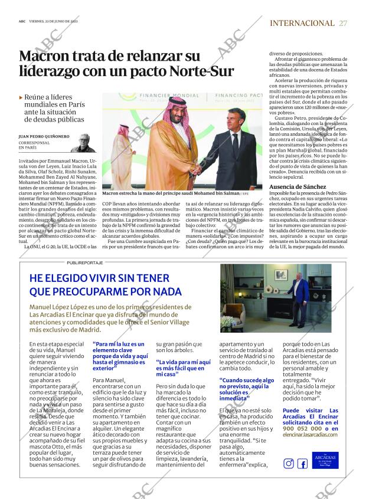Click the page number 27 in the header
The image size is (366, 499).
click(x=343, y=23)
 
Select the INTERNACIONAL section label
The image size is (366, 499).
click(x=302, y=23)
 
